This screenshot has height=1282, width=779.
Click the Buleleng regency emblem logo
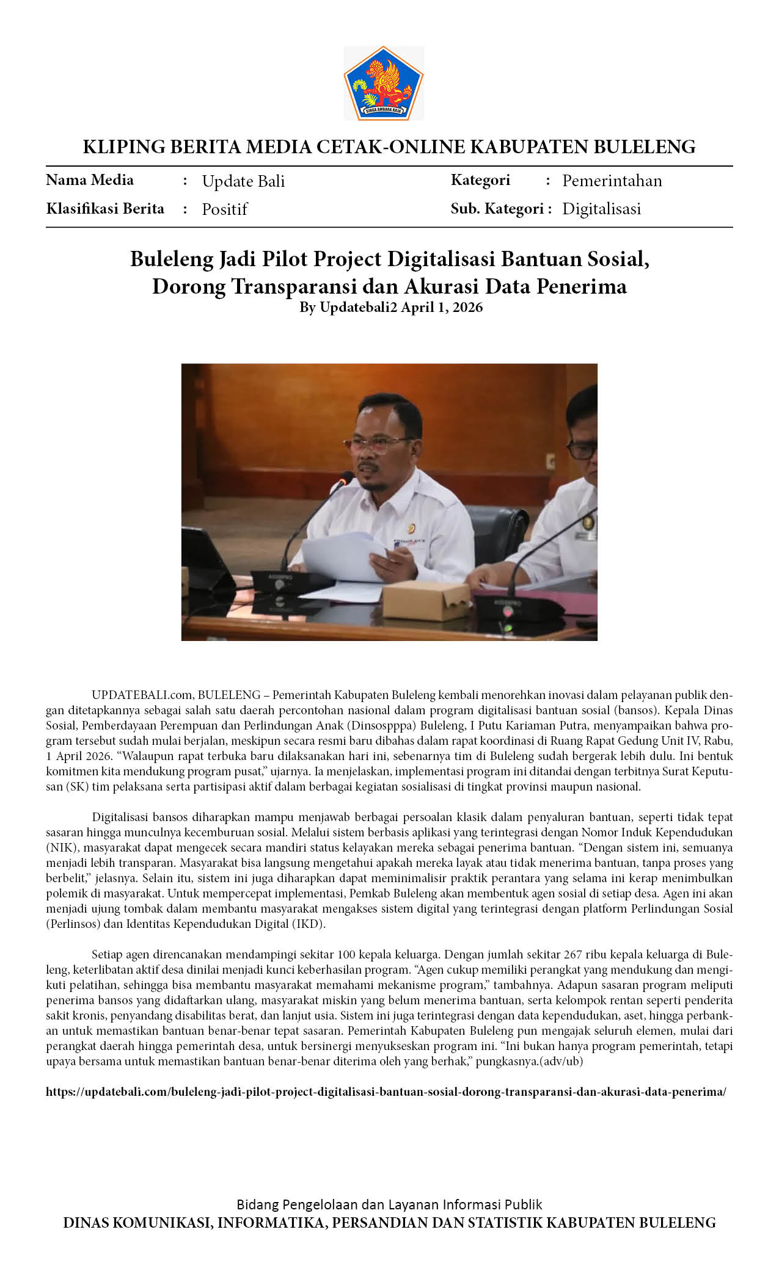pos(383,83)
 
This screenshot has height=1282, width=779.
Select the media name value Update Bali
pos(243,181)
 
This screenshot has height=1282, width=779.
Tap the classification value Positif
pos(224,209)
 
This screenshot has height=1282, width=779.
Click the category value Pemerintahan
pos(612,181)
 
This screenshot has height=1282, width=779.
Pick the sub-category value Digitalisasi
pos(601,209)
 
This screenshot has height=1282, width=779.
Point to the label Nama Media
pos(90,180)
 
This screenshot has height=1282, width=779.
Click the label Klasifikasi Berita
pos(105,209)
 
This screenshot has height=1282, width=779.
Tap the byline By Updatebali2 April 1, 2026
pos(390,307)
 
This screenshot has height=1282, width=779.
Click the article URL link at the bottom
pos(386,1092)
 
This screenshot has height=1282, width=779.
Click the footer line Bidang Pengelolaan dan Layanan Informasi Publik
pos(389,1204)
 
